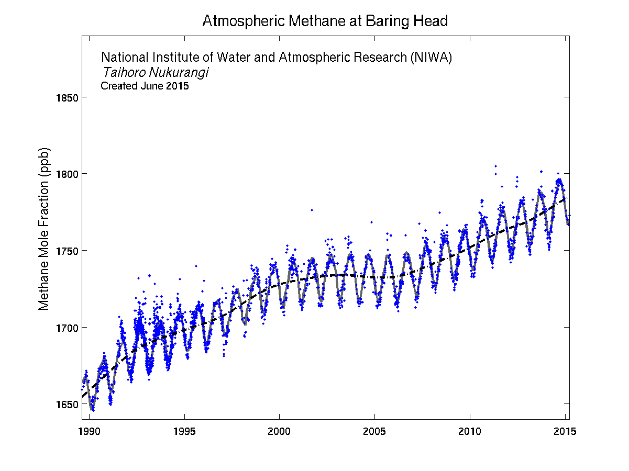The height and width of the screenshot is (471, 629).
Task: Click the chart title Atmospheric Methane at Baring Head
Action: pyautogui.click(x=325, y=21)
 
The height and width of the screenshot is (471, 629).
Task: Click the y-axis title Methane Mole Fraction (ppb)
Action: pyautogui.click(x=45, y=229)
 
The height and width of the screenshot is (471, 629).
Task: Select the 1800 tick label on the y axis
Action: pyautogui.click(x=67, y=174)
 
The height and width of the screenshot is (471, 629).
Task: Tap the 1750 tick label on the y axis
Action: pyautogui.click(x=67, y=251)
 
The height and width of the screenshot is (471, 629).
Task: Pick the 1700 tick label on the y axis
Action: pyautogui.click(x=67, y=328)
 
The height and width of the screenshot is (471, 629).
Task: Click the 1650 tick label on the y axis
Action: pyautogui.click(x=67, y=404)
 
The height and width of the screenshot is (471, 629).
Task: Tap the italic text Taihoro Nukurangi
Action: pyautogui.click(x=155, y=72)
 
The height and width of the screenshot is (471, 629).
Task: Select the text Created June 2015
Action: pyautogui.click(x=145, y=86)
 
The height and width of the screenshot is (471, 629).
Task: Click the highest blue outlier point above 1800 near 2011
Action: pyautogui.click(x=495, y=166)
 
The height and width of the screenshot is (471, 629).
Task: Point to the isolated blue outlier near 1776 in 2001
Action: pyautogui.click(x=312, y=210)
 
